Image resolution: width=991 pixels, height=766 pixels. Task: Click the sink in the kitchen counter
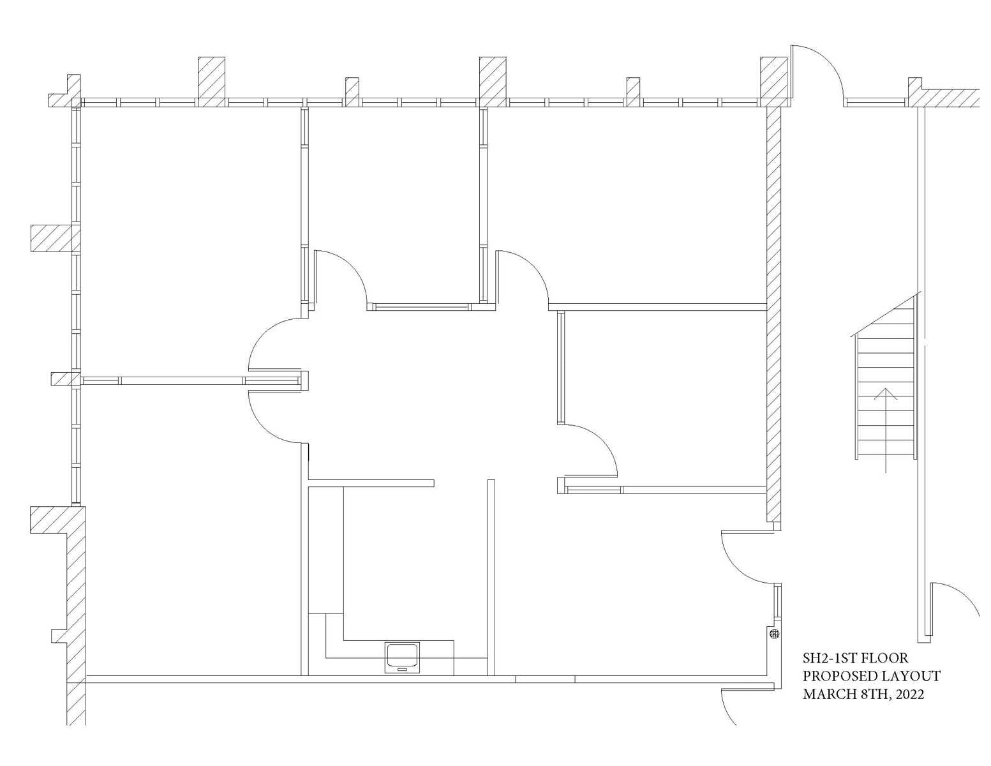pos(402,657)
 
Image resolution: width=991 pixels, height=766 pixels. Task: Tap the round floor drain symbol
pos(775,634)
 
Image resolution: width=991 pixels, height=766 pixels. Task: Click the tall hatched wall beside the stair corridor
pos(773,313)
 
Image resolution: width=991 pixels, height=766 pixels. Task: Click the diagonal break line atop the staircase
pos(886,314)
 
